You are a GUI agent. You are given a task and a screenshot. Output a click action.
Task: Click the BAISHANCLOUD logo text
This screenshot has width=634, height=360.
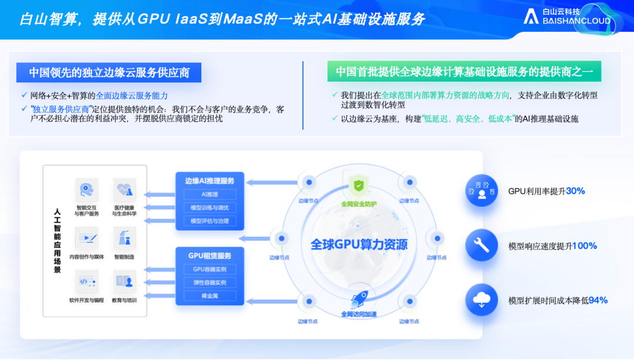point(576,21)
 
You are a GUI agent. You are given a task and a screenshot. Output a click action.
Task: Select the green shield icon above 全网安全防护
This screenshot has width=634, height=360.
point(358,186)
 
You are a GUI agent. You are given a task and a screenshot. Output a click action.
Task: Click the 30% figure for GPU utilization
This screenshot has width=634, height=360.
point(575,191)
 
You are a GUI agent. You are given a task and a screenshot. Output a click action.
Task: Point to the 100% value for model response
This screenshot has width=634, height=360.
point(585,245)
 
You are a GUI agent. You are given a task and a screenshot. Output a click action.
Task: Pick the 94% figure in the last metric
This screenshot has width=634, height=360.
point(598,300)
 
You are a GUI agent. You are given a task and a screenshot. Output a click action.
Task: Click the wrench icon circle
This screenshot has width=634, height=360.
point(481,245)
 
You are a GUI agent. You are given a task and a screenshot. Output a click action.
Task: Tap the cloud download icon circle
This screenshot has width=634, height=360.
point(481,300)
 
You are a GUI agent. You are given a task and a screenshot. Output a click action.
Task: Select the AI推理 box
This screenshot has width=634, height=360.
point(210,194)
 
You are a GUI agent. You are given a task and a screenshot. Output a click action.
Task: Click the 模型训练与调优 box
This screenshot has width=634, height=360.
point(210,208)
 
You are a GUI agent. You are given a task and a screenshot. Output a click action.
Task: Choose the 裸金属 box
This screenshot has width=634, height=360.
point(210,296)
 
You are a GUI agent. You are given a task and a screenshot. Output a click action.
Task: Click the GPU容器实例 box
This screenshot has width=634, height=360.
point(210,270)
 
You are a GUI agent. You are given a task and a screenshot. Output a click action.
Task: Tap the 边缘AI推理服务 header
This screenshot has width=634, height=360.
point(210,180)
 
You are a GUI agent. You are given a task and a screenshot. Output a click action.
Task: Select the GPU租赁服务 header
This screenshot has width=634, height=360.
point(210,255)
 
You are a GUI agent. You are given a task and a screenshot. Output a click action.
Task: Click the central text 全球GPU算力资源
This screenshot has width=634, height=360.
point(359,244)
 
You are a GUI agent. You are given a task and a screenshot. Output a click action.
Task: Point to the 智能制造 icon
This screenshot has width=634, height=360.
point(124,237)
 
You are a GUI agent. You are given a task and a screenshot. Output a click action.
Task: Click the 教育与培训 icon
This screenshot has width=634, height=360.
point(124,281)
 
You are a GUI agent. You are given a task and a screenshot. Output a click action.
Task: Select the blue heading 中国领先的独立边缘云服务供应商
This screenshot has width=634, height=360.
point(109,72)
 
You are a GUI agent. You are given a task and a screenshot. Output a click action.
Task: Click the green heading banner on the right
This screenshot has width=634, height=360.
point(464,72)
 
